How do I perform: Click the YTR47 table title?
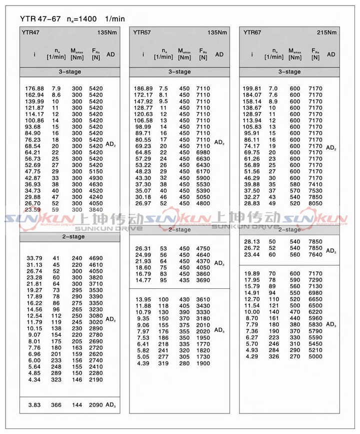(x=30, y=34)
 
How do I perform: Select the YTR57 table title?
(x=142, y=34)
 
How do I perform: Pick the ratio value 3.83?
(x=34, y=404)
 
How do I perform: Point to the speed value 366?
(x=55, y=404)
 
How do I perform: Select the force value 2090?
(x=96, y=404)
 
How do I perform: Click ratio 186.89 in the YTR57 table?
(x=143, y=89)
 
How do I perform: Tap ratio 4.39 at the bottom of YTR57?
(x=143, y=362)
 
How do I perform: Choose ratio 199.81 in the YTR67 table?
(x=252, y=89)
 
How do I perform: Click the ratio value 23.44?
(x=252, y=254)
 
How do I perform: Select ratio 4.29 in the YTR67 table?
(x=252, y=356)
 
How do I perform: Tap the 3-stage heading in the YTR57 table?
(x=179, y=72)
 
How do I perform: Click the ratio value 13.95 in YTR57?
(x=143, y=299)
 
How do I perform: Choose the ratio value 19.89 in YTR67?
(x=252, y=273)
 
